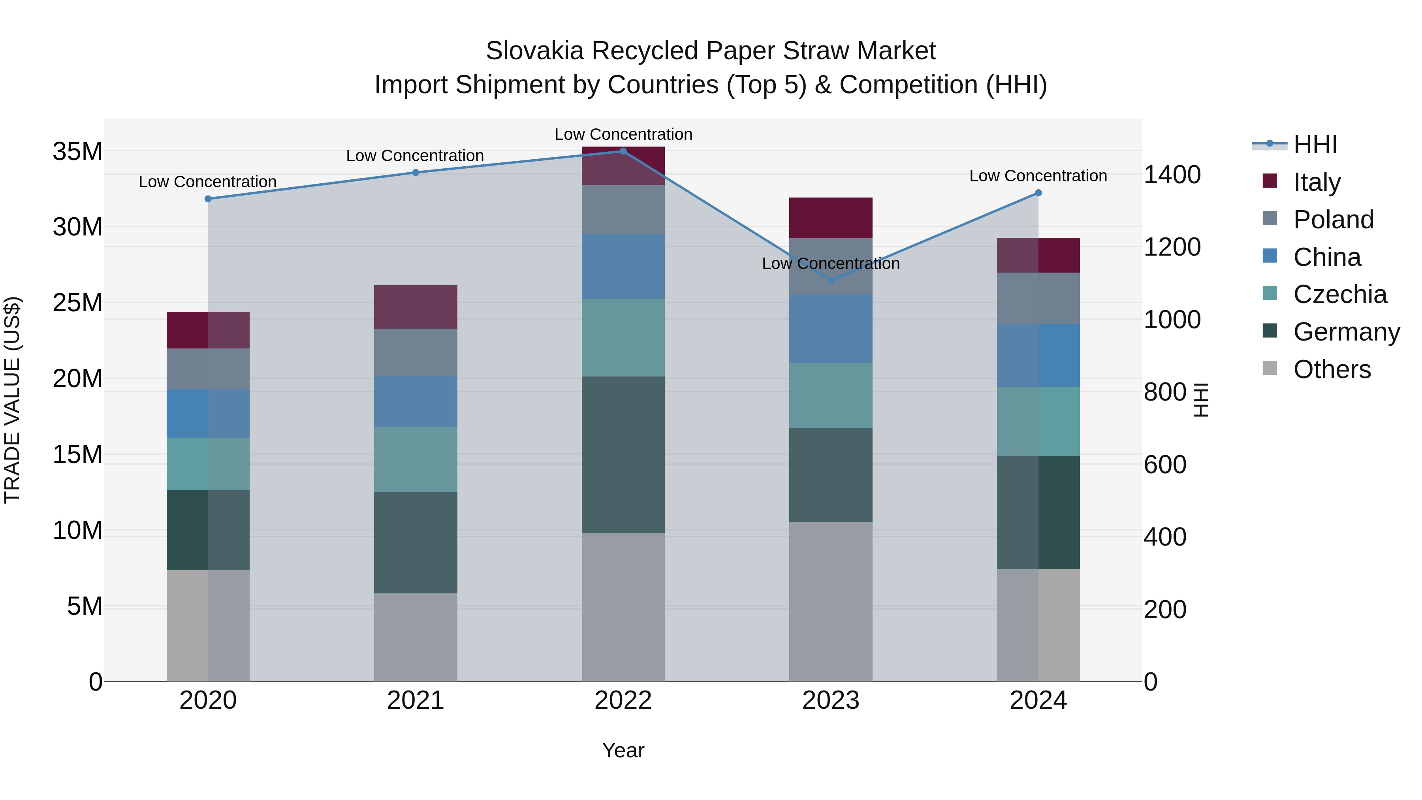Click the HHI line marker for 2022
[x=623, y=151]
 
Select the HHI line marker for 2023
[x=831, y=280]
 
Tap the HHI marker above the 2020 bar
[x=208, y=199]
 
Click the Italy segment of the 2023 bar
[x=831, y=218]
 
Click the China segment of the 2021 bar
[x=416, y=401]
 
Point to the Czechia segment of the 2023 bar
[x=831, y=395]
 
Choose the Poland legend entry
[x=1333, y=220]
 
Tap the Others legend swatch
[x=1270, y=368]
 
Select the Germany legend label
[x=1347, y=332]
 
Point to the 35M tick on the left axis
[x=77, y=151]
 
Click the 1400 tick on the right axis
[x=1172, y=175]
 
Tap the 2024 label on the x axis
[x=1038, y=700]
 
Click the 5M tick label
[x=85, y=606]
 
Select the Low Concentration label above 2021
[x=415, y=156]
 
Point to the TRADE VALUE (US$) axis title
[x=12, y=400]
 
